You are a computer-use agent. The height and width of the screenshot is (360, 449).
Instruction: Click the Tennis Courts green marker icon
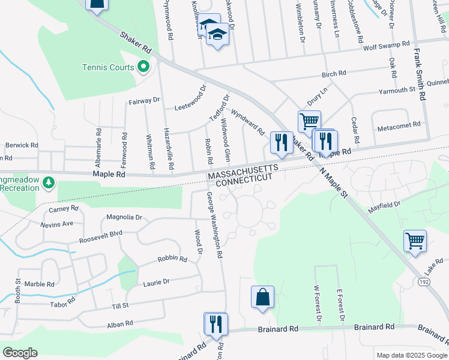pyautogui.click(x=143, y=67)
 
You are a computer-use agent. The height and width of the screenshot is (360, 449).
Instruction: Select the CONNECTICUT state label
pyautogui.click(x=244, y=180)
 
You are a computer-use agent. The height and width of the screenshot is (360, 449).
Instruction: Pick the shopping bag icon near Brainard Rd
pyautogui.click(x=262, y=297)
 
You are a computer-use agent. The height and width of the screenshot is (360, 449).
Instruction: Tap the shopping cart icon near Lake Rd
pyautogui.click(x=415, y=242)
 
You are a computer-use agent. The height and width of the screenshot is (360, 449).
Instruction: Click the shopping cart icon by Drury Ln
pyautogui.click(x=309, y=122)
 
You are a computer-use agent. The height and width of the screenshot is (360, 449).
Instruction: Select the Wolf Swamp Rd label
pyautogui.click(x=385, y=45)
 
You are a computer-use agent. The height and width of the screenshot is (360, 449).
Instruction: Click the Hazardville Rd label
pyautogui.click(x=168, y=150)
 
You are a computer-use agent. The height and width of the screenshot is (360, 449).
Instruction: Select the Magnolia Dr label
pyautogui.click(x=124, y=217)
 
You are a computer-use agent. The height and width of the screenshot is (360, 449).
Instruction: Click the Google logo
pyautogui.click(x=20, y=352)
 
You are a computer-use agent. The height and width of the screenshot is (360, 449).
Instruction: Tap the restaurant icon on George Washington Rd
pyautogui.click(x=215, y=324)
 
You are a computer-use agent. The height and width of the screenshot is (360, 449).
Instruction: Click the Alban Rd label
pyautogui.click(x=120, y=324)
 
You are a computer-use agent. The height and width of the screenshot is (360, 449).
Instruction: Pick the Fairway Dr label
pyautogui.click(x=144, y=101)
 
